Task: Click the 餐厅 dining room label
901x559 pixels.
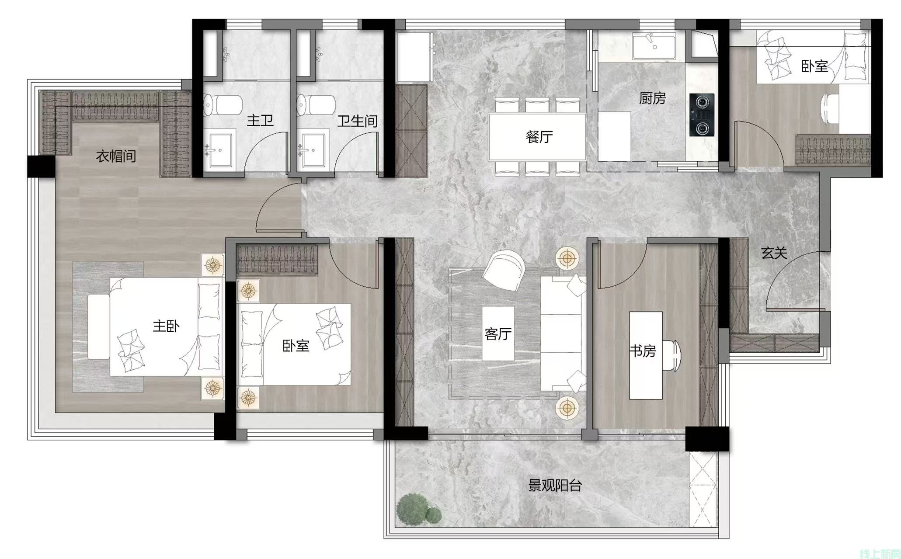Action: coord(539,137)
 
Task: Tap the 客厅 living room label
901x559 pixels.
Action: coord(497,334)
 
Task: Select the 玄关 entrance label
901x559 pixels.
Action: coord(774,253)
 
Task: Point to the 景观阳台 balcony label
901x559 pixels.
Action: coord(555,485)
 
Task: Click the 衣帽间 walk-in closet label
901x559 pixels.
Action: coord(116,156)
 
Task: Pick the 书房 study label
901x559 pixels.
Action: coord(643,351)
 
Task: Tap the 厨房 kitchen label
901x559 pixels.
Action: coord(652,98)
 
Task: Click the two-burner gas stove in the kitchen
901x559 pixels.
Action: coord(702,115)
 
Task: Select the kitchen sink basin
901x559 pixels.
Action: coord(654,47)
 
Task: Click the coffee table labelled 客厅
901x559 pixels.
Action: coord(498,333)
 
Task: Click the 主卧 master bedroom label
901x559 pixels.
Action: coord(166,326)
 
